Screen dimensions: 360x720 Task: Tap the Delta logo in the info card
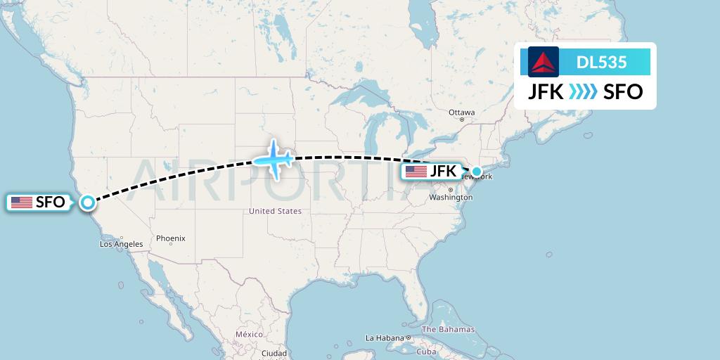tap(544, 62)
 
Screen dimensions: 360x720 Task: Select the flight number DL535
tap(601, 63)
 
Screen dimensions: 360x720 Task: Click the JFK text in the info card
tap(546, 91)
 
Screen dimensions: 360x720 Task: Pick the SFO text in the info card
tap(623, 91)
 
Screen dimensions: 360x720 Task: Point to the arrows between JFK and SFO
tap(583, 92)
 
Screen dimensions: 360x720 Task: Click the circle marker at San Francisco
tap(87, 202)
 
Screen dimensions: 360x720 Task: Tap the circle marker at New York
tap(477, 171)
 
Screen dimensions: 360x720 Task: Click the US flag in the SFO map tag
tap(22, 202)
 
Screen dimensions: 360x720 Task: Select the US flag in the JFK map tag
tap(416, 172)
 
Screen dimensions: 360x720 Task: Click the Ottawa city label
tap(462, 112)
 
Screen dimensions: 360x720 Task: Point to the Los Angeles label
tap(121, 244)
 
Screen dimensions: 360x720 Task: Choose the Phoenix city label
tap(171, 238)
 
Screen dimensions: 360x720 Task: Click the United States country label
tap(275, 211)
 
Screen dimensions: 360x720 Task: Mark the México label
tap(249, 334)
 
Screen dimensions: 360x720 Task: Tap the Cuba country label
tap(427, 352)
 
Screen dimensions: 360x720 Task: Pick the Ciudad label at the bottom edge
tap(274, 353)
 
